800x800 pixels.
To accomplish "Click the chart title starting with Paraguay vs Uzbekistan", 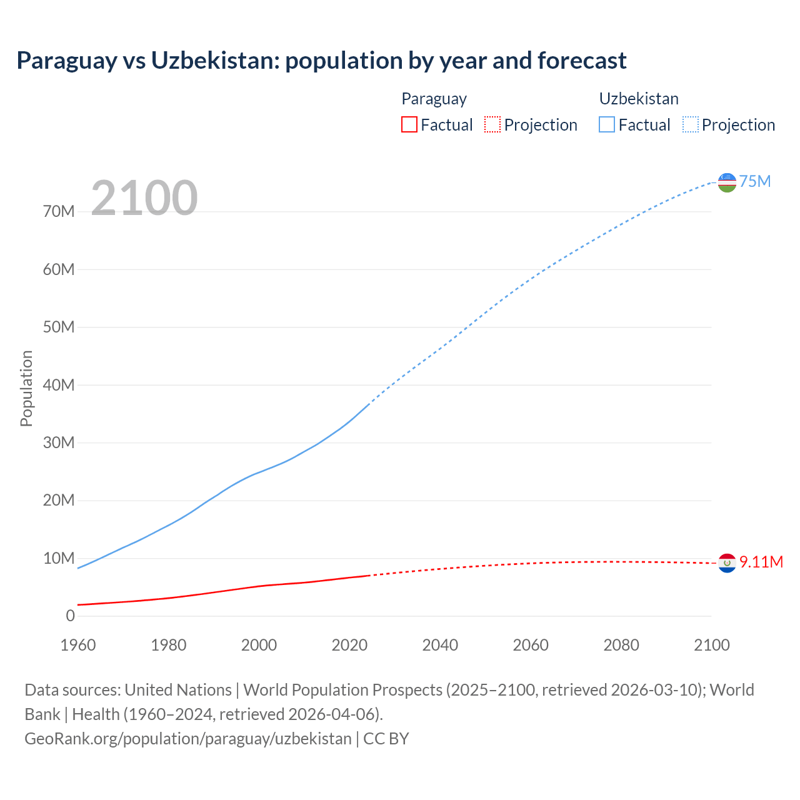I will [x=321, y=61].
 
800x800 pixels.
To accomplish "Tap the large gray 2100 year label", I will [x=144, y=198].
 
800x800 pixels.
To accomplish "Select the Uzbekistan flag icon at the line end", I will [x=727, y=182].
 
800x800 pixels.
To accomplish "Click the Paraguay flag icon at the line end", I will [x=727, y=563].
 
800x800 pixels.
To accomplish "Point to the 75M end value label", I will [x=755, y=182].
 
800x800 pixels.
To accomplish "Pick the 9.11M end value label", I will [x=761, y=562].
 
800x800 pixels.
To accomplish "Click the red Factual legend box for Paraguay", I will [x=409, y=124].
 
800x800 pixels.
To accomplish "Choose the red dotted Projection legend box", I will [x=492, y=124].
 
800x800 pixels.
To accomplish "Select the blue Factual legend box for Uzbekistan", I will [x=607, y=124].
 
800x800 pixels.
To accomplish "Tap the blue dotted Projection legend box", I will [x=691, y=124].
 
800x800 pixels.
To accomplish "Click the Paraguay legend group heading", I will [x=434, y=99].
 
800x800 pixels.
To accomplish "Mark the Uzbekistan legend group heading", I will [x=639, y=99].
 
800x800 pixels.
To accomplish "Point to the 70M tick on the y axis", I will [x=59, y=212].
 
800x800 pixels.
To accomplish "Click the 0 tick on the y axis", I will [x=70, y=616].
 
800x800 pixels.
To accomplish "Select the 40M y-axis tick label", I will [x=59, y=385].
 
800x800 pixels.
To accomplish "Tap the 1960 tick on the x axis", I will [x=78, y=645].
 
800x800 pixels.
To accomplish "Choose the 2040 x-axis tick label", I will [x=440, y=645].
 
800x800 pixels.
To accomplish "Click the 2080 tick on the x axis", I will [x=621, y=645].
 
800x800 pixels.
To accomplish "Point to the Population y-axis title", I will [x=26, y=388].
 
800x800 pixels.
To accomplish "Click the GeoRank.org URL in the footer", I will [x=188, y=739].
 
